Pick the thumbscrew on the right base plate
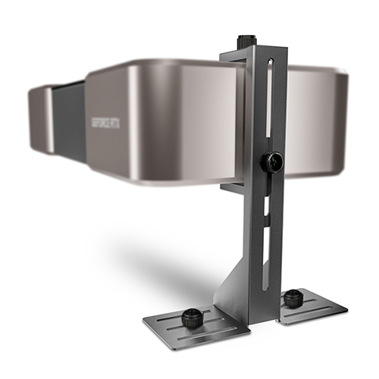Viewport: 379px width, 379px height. (291, 299)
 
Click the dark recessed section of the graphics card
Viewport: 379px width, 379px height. (69, 121)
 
